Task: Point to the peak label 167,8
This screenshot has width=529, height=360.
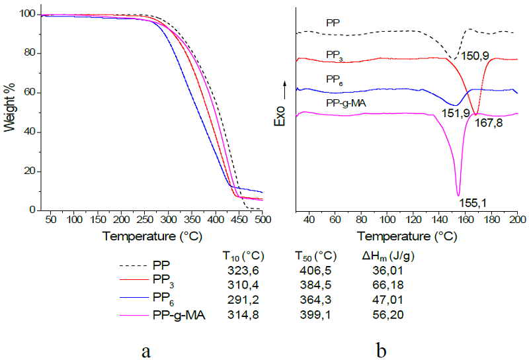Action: [x=489, y=123]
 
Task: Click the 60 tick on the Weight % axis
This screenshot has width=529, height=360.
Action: [x=28, y=93]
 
